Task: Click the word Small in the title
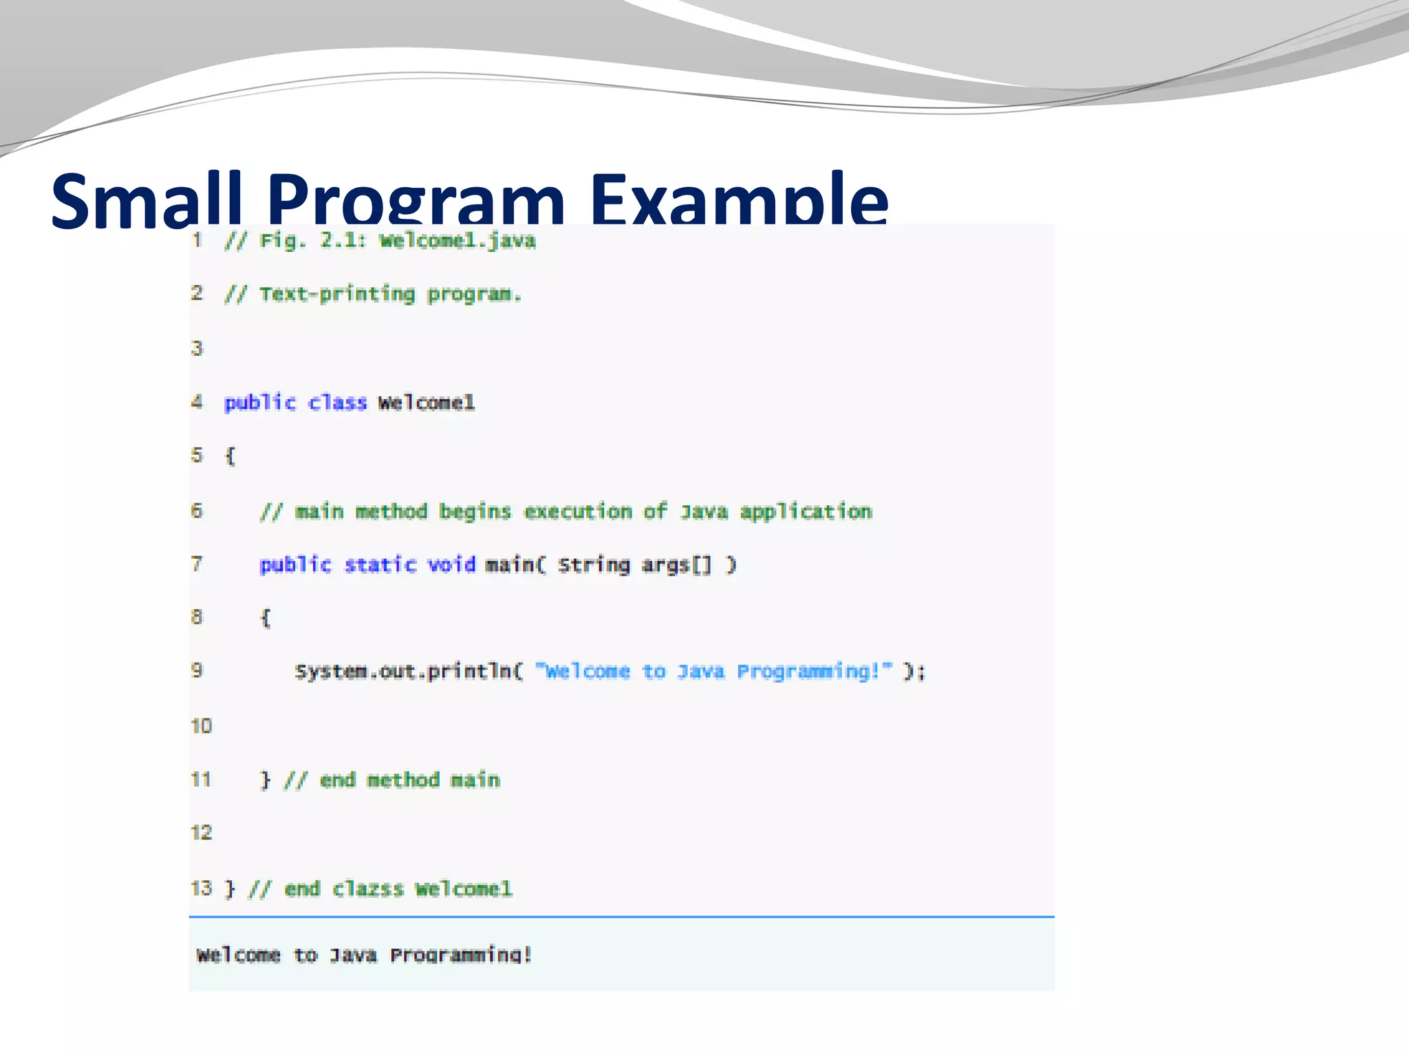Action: click(x=147, y=201)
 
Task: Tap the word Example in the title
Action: click(x=739, y=201)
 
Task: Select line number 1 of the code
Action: click(x=197, y=240)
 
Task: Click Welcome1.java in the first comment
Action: click(x=458, y=241)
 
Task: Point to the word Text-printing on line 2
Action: click(x=337, y=295)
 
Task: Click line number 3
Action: click(x=197, y=348)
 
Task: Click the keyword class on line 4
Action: click(x=337, y=403)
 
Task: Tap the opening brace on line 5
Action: click(x=230, y=456)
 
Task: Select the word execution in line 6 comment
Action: click(x=578, y=511)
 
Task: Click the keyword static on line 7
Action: click(x=380, y=565)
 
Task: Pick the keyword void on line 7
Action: click(x=451, y=565)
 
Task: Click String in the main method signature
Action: click(x=594, y=565)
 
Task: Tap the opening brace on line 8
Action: click(x=266, y=618)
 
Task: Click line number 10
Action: click(x=202, y=726)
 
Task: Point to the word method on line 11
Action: click(x=403, y=780)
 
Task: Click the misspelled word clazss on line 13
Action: click(x=367, y=889)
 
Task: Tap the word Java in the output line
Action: click(x=353, y=955)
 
